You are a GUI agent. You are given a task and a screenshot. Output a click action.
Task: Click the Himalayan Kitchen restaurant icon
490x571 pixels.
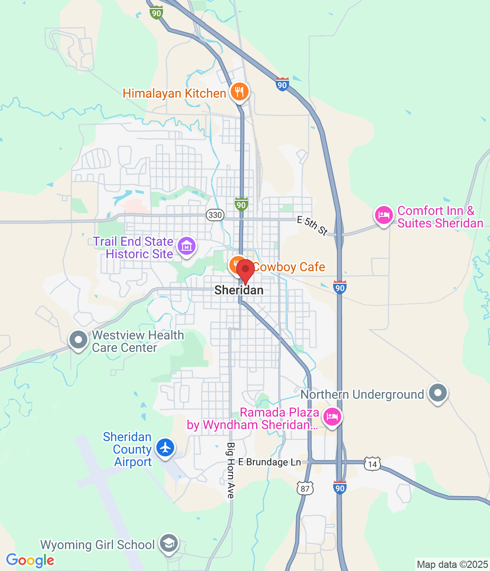pyautogui.click(x=240, y=92)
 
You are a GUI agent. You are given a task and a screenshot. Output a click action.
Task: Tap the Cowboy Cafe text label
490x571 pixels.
pyautogui.click(x=289, y=267)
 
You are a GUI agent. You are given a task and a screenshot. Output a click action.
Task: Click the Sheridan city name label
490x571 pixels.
pyautogui.click(x=239, y=290)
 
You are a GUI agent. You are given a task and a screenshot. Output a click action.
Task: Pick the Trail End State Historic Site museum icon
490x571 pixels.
pyautogui.click(x=187, y=246)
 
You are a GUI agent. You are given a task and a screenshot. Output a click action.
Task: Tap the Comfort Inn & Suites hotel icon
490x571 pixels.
pyautogui.click(x=384, y=215)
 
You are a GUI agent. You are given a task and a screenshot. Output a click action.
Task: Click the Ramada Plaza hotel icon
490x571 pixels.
pyautogui.click(x=332, y=417)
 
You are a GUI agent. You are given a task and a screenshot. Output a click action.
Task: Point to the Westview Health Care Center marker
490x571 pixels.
pyautogui.click(x=78, y=340)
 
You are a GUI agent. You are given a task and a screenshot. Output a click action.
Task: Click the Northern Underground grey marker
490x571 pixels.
pyautogui.click(x=437, y=393)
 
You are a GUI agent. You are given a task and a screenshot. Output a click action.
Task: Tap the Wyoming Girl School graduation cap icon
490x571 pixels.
pyautogui.click(x=169, y=543)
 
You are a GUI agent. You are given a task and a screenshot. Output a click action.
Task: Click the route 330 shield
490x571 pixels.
pyautogui.click(x=215, y=215)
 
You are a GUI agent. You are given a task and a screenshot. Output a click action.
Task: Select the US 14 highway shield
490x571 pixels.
pyautogui.click(x=372, y=464)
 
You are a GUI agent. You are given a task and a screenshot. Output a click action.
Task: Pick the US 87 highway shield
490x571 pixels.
pyautogui.click(x=305, y=488)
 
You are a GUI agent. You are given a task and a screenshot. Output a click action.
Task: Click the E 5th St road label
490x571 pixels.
pyautogui.click(x=313, y=225)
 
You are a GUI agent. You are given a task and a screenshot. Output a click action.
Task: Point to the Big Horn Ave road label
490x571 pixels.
pyautogui.click(x=230, y=470)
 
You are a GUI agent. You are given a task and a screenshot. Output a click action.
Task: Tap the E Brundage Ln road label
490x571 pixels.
pyautogui.click(x=269, y=462)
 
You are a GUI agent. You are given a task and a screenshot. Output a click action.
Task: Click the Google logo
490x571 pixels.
pyautogui.click(x=30, y=560)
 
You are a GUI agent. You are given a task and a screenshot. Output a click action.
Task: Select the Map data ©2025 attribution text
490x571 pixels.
pyautogui.click(x=452, y=565)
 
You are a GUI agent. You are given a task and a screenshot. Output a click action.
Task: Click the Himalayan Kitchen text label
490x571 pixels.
pyautogui.click(x=174, y=93)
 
